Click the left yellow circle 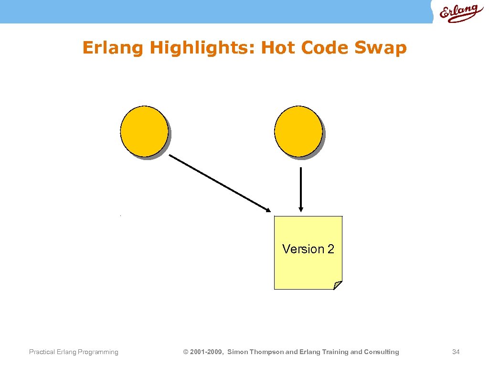click(x=144, y=131)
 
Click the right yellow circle click(x=298, y=131)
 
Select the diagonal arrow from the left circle click(x=220, y=183)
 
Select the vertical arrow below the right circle click(x=300, y=189)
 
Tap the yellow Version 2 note click(x=308, y=268)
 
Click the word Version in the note click(x=303, y=249)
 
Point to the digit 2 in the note click(x=330, y=249)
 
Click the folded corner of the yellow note click(x=338, y=285)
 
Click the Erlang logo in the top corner click(x=458, y=13)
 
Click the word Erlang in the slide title click(x=113, y=48)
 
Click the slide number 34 click(x=456, y=352)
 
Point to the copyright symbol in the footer click(x=186, y=352)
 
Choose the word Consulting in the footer click(x=382, y=352)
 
